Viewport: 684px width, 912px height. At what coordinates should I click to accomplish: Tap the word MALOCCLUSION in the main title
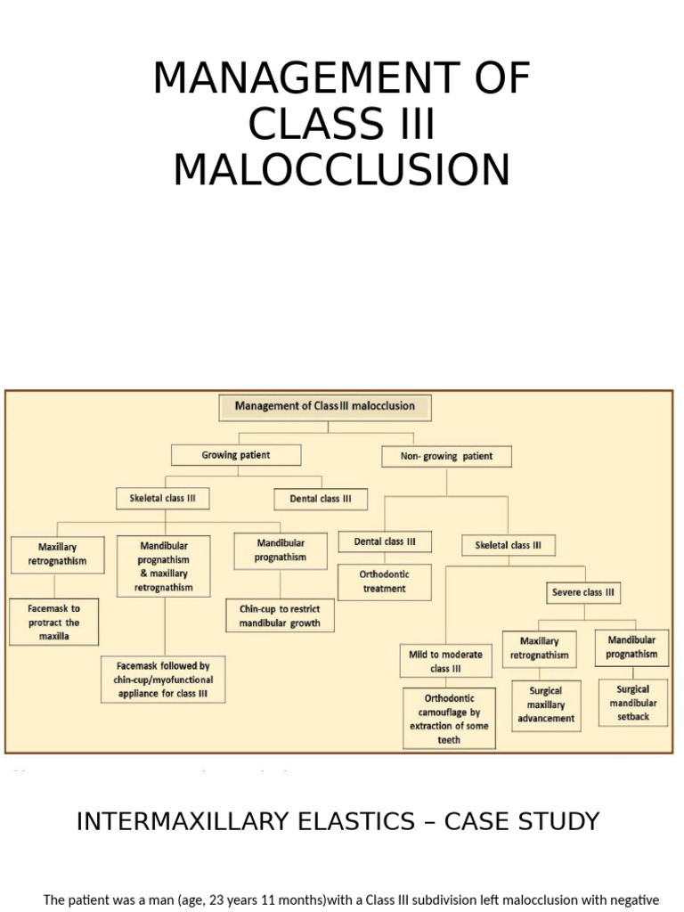tap(342, 170)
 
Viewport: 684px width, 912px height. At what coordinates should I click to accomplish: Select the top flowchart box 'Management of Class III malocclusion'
tap(325, 406)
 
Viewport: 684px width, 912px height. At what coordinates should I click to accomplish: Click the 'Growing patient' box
tap(236, 455)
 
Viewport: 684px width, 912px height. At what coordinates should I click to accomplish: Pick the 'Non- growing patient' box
tap(446, 456)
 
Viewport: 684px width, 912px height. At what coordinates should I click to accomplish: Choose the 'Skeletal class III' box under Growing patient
tap(162, 499)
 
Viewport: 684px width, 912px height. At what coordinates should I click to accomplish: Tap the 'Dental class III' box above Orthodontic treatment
tap(385, 541)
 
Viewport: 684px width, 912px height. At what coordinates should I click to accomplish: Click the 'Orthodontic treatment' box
tap(385, 582)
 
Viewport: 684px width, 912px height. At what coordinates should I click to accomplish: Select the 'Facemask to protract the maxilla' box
tap(53, 623)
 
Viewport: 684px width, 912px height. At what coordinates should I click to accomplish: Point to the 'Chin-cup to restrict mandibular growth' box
tap(279, 615)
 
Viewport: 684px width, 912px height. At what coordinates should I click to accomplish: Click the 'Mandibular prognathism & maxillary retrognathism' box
tap(164, 566)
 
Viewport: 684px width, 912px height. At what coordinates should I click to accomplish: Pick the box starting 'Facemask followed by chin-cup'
tap(163, 679)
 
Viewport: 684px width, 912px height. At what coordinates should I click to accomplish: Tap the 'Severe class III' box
tap(582, 592)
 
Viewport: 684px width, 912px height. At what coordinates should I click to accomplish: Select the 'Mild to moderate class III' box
tap(445, 662)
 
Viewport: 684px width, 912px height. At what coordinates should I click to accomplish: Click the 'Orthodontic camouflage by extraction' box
tap(449, 719)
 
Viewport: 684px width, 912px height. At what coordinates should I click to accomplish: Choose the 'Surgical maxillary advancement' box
tap(546, 705)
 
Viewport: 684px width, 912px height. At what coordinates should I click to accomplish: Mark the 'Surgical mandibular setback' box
tap(632, 703)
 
